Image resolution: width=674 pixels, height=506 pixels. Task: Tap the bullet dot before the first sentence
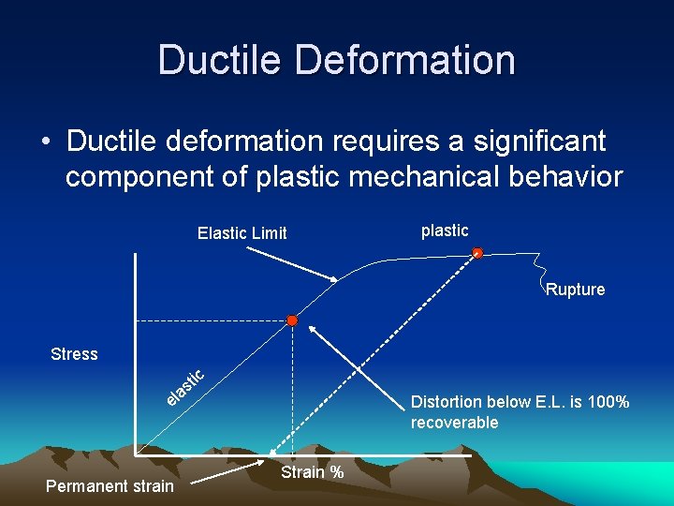pyautogui.click(x=46, y=142)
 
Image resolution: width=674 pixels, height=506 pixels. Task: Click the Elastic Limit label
pyautogui.click(x=242, y=233)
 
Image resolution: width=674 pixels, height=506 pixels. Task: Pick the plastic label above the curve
pyautogui.click(x=445, y=231)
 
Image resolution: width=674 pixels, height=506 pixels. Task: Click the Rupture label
pyautogui.click(x=575, y=290)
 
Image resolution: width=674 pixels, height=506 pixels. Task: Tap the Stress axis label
pyautogui.click(x=74, y=354)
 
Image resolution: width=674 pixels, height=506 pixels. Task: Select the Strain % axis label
pyautogui.click(x=312, y=472)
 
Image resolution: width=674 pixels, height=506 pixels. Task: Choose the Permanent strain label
pyautogui.click(x=110, y=485)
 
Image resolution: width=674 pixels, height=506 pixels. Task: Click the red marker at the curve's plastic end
pyautogui.click(x=477, y=253)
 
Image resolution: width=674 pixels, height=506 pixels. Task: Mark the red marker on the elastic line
pyautogui.click(x=292, y=321)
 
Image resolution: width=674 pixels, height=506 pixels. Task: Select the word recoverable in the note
pyautogui.click(x=454, y=423)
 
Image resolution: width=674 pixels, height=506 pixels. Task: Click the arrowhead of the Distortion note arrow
pyautogui.click(x=313, y=328)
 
